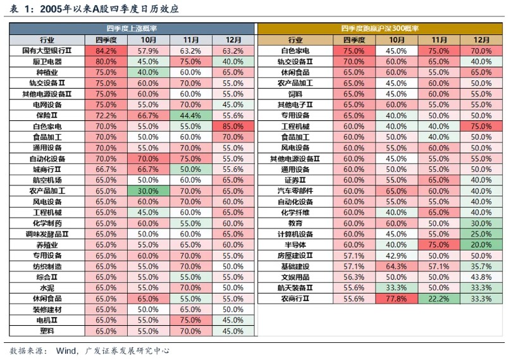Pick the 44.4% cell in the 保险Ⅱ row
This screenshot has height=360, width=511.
click(190, 115)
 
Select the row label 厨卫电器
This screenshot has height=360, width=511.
click(47, 61)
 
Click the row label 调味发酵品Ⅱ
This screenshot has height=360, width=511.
click(47, 233)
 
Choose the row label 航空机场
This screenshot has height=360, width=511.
click(47, 180)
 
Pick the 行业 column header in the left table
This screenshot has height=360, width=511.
click(47, 39)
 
